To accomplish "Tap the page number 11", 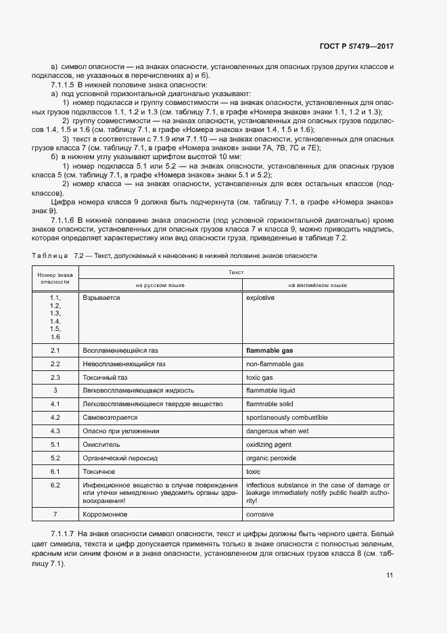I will (x=390, y=575).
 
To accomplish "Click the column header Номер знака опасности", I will (x=55, y=278).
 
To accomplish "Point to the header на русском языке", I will (x=160, y=285).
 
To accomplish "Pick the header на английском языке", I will (x=317, y=285).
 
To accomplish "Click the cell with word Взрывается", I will (x=101, y=298).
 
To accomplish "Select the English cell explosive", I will (x=260, y=298).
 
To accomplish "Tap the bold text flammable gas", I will (x=274, y=351).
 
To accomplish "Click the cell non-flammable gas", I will (x=275, y=364).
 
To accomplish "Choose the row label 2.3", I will (x=55, y=377).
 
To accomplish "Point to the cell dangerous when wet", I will (x=277, y=431).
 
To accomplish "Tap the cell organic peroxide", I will (x=271, y=458).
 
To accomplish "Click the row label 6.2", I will (x=55, y=485).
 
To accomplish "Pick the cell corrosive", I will (x=260, y=515).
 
